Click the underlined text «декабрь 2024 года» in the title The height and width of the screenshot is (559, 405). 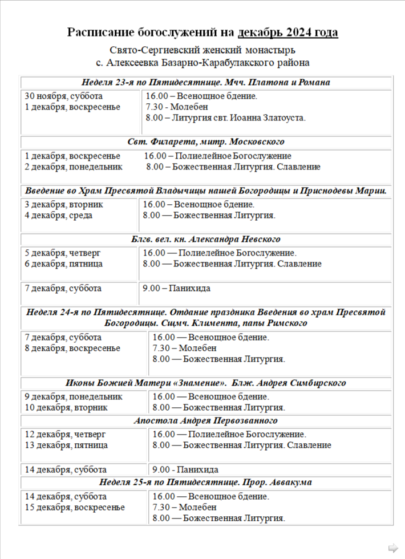click(288, 33)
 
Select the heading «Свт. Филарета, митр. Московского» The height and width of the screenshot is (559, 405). click(206, 141)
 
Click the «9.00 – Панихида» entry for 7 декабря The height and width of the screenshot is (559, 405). click(176, 289)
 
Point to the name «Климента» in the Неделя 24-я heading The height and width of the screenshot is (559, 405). click(228, 323)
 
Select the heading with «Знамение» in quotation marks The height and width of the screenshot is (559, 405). click(206, 383)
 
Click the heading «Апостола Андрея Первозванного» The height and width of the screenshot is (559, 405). click(206, 421)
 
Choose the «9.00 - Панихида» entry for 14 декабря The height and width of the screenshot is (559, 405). click(185, 470)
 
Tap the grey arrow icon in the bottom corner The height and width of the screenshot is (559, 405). click(393, 548)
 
